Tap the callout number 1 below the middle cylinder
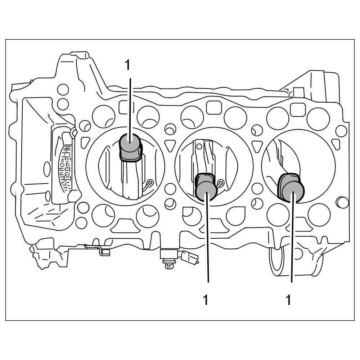coord(206,300)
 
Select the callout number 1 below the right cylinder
coord(289,300)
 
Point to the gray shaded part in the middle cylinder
coord(206,187)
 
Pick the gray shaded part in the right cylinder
coord(291,188)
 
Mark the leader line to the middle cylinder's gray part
coord(207,237)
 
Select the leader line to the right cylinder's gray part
coord(292,237)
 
